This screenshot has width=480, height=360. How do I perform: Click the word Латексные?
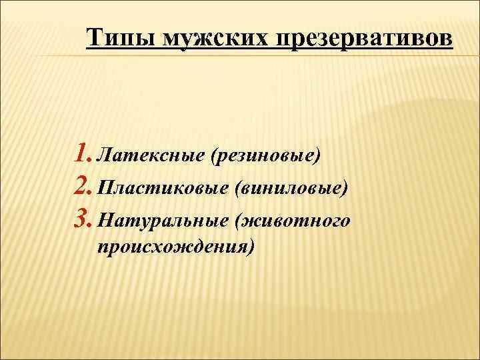click(150, 157)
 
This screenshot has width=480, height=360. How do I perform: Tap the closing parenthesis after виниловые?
click(345, 189)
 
